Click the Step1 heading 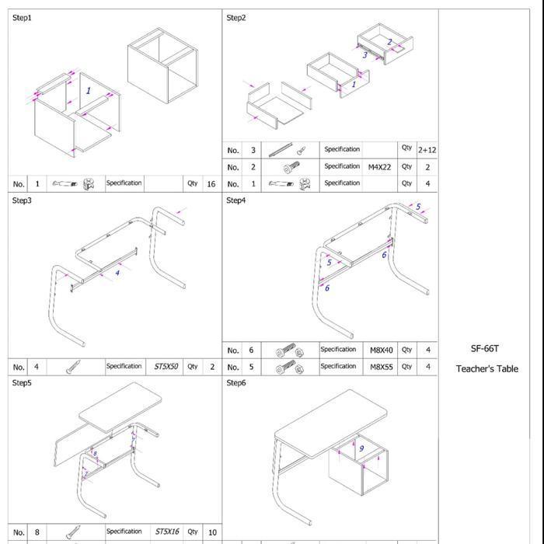[23, 17]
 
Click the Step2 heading [236, 17]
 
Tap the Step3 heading [23, 201]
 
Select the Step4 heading [236, 201]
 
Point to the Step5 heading [23, 383]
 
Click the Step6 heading [236, 383]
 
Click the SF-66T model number [486, 349]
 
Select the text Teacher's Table [486, 368]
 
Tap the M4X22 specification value [380, 166]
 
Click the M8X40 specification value [381, 350]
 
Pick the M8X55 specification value [381, 366]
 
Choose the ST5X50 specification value [166, 366]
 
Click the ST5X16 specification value [166, 532]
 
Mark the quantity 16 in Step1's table [211, 184]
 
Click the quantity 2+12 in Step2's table [427, 149]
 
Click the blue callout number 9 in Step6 [361, 448]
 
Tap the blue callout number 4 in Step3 [117, 273]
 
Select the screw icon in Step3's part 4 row [75, 367]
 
